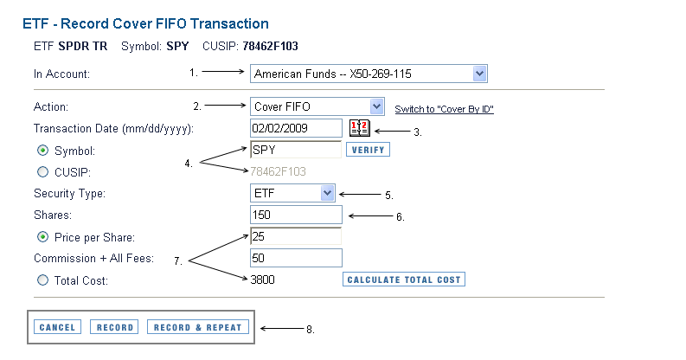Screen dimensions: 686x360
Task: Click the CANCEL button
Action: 57,327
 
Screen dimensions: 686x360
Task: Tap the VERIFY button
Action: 368,150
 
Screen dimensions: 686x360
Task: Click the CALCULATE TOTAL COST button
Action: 404,280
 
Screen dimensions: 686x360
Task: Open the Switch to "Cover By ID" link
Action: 444,109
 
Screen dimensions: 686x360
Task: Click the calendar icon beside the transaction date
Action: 360,128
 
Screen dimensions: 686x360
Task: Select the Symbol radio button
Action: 42,151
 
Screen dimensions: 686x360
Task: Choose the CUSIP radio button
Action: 42,172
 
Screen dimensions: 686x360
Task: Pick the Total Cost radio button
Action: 42,280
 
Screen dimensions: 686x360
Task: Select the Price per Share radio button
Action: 42,237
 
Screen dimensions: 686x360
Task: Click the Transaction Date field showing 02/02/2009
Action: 296,128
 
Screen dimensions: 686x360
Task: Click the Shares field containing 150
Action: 296,215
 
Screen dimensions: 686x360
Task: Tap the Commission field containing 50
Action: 296,258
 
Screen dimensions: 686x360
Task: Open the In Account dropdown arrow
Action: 479,74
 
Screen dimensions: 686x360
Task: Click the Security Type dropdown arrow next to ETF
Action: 327,193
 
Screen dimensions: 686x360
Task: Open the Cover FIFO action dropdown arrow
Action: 376,106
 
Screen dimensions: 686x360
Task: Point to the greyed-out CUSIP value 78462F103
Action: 278,171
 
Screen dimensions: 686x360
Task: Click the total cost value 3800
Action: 262,280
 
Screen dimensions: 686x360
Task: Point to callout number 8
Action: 311,330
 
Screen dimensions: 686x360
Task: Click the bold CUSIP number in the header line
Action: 271,47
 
